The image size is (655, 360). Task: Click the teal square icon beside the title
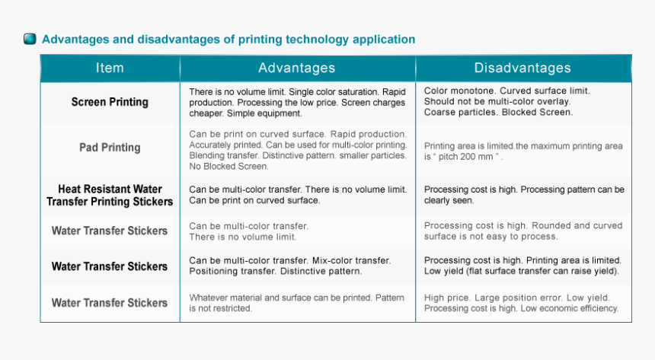pos(30,39)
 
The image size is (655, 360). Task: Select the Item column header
pos(110,68)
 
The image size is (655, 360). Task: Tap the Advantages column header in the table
pos(296,68)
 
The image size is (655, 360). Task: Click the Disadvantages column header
pos(522,68)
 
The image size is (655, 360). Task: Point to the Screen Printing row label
pos(110,102)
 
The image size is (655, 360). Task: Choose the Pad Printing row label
pos(110,148)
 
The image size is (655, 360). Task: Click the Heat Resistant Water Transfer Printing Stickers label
pos(110,196)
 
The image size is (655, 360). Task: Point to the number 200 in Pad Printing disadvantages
pos(465,157)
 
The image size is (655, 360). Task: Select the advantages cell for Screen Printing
pos(297,102)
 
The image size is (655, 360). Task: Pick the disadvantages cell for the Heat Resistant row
pos(524,195)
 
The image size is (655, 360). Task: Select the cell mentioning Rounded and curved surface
pos(523,231)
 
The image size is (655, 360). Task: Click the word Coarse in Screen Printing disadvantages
pos(436,113)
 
